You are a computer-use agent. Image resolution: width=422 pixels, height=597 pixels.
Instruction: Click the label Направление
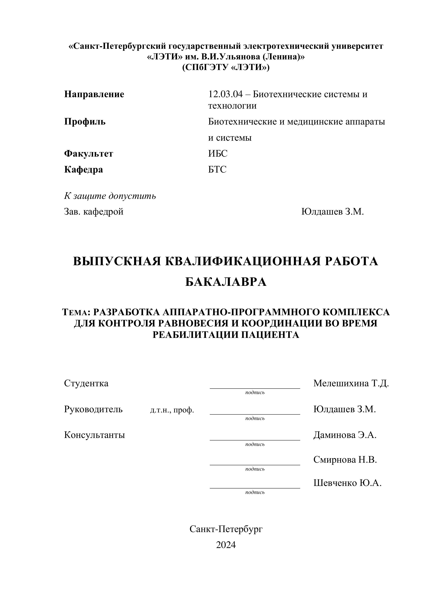click(x=94, y=94)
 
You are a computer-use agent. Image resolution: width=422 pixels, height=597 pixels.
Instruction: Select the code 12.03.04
click(x=225, y=94)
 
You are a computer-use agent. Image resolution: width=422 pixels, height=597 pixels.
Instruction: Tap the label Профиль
click(x=85, y=122)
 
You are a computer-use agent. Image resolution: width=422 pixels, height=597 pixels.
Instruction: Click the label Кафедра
click(x=83, y=169)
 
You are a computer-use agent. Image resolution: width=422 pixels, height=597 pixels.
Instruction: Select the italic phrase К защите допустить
click(x=110, y=196)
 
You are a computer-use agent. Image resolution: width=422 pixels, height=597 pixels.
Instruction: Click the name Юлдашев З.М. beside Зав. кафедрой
click(x=332, y=212)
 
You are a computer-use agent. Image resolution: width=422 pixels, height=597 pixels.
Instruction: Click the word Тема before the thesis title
click(x=75, y=312)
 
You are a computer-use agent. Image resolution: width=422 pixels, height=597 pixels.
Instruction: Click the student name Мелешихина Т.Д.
click(x=351, y=383)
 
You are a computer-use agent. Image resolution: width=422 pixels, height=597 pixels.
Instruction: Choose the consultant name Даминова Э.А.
click(x=345, y=435)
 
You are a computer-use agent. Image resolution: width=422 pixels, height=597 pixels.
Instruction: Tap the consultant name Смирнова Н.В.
click(x=345, y=460)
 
